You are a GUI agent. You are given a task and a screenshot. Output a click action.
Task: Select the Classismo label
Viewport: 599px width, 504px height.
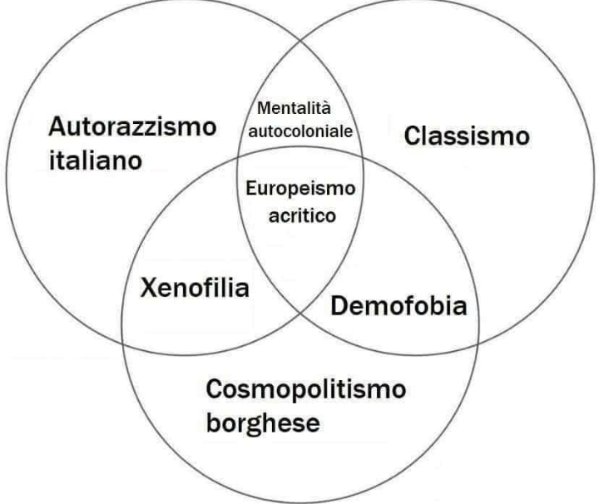point(467,136)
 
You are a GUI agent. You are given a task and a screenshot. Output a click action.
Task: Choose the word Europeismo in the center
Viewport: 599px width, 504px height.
point(300,188)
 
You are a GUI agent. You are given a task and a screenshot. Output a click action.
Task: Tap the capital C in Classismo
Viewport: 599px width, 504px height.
point(413,136)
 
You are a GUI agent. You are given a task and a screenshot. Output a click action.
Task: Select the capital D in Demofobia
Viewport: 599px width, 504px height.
point(339,307)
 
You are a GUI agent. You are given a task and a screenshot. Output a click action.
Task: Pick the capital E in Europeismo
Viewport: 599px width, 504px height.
point(250,188)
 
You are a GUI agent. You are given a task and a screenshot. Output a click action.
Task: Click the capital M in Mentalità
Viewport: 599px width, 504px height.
point(263,108)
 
